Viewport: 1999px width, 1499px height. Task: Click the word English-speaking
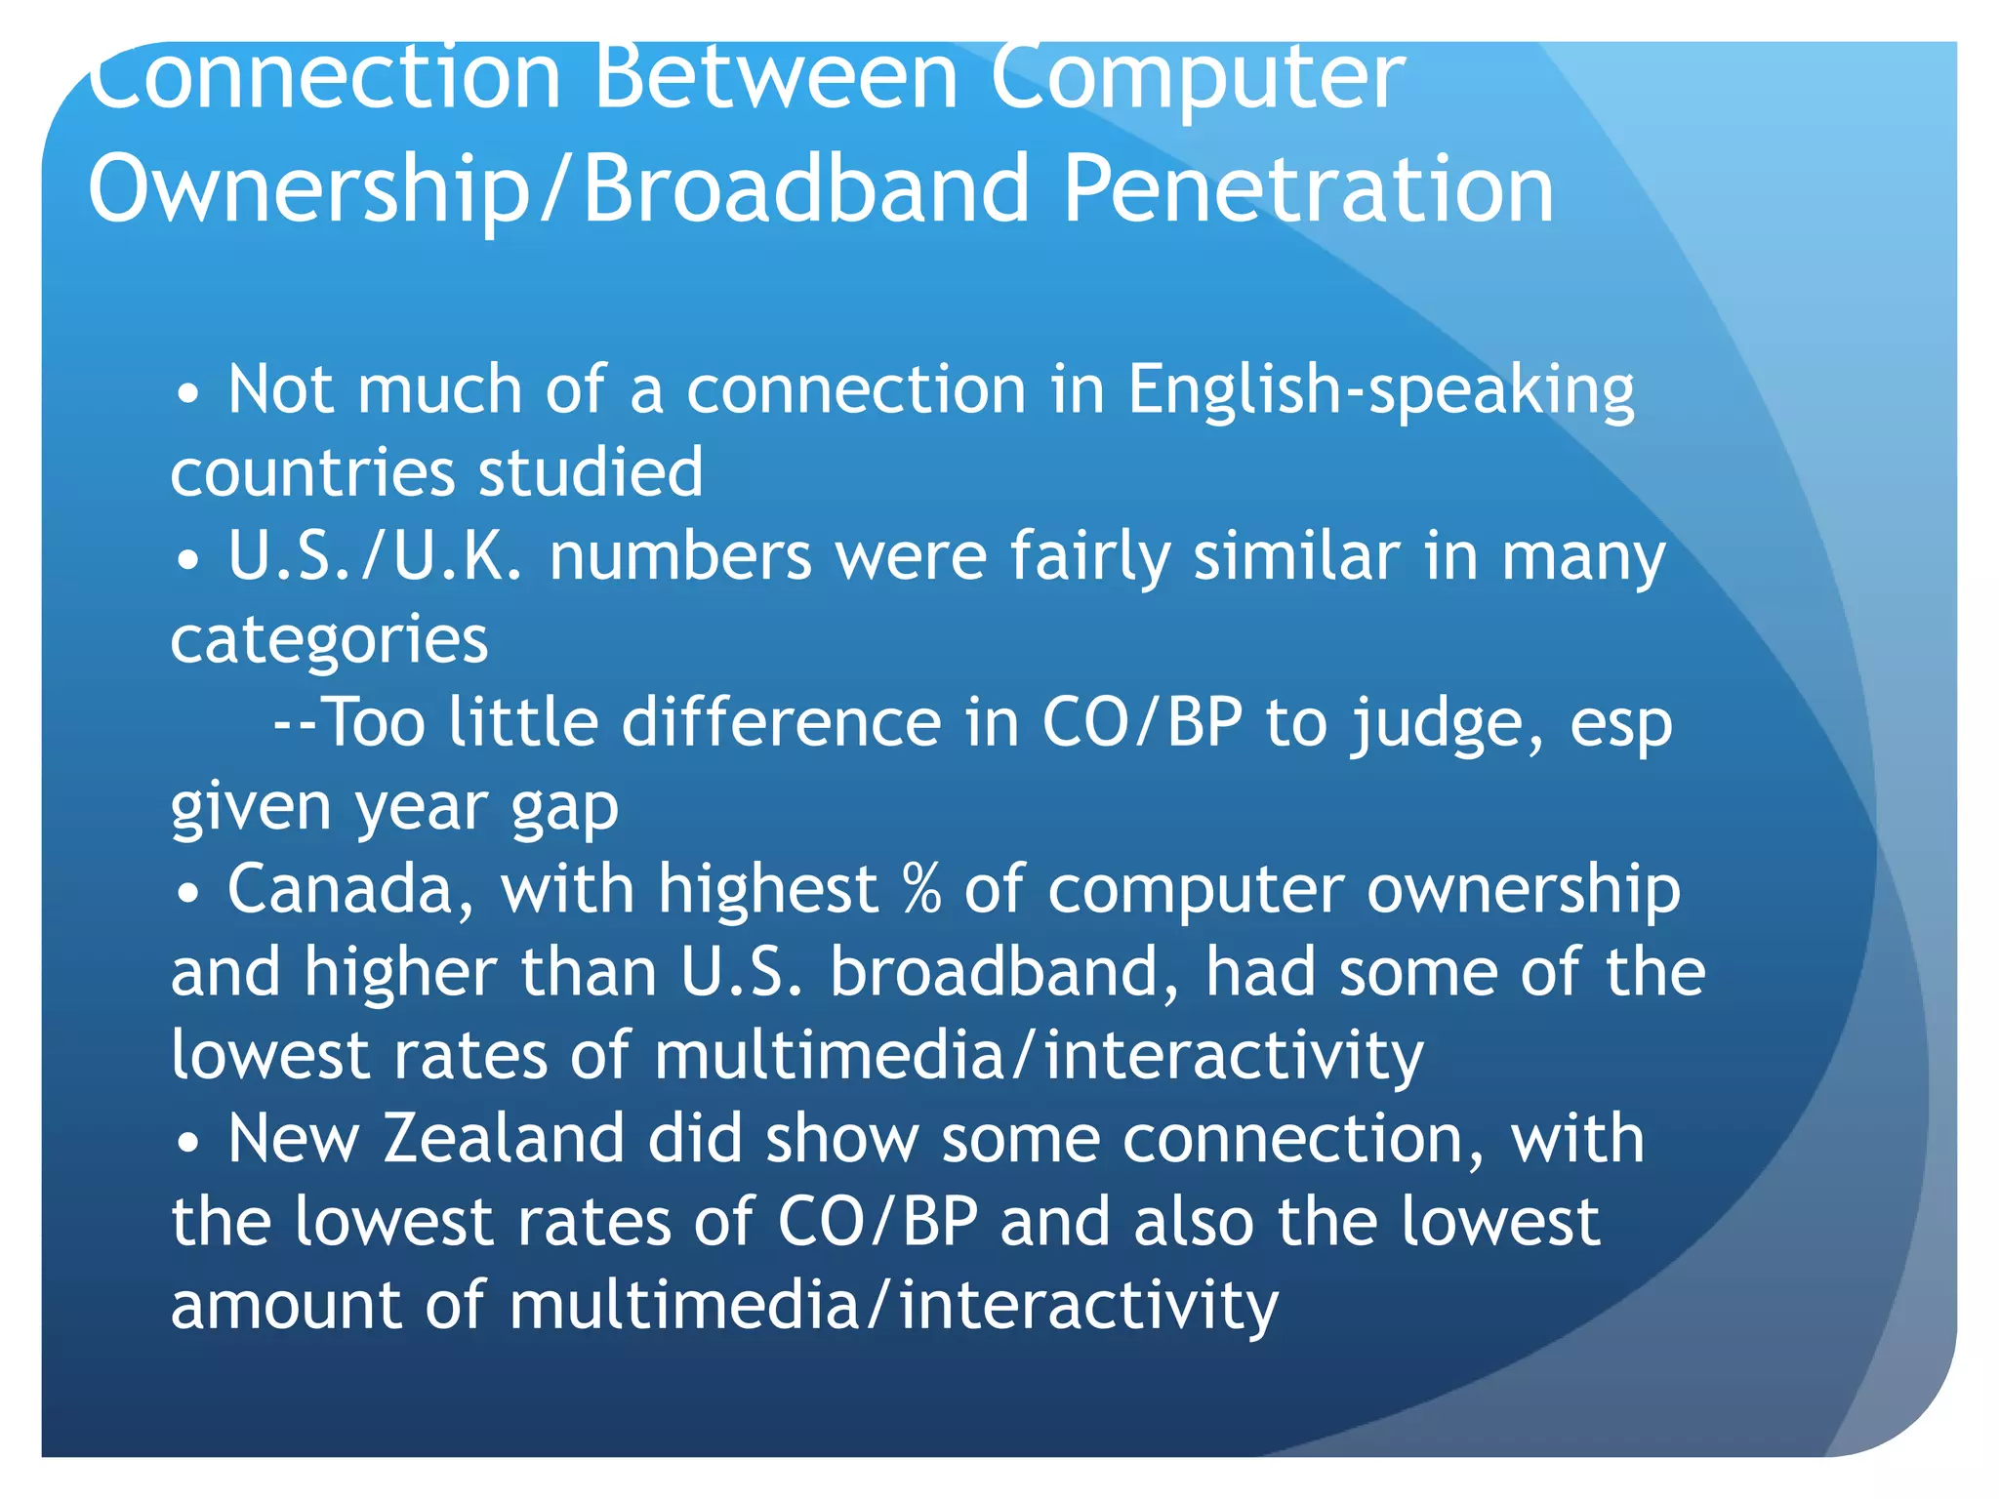pos(1380,390)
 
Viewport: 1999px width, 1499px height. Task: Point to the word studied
pos(591,473)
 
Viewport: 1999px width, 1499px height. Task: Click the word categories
pos(329,641)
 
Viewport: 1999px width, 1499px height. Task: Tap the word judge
pos(1447,724)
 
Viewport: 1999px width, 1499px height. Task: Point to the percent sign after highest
pos(921,890)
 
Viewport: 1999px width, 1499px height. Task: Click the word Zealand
pos(503,1139)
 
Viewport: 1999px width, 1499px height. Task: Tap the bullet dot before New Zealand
pos(188,1142)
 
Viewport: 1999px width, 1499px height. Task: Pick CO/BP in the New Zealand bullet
pos(877,1222)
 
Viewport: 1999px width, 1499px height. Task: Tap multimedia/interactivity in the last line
pos(893,1306)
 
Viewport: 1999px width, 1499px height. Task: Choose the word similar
pos(1296,556)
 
